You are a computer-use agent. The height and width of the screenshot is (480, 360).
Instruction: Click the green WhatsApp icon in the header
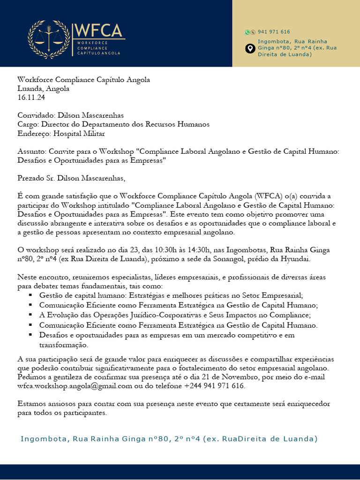tap(247, 32)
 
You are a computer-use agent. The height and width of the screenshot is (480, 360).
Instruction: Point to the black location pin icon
tap(250, 48)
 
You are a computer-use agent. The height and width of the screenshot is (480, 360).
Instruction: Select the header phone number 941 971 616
tap(274, 32)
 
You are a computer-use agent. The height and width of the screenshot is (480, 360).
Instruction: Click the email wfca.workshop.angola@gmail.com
tap(75, 386)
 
